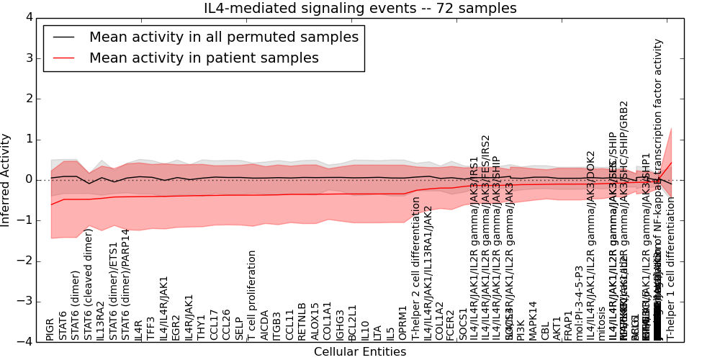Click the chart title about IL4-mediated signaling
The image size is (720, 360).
click(361, 9)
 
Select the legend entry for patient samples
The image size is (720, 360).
click(204, 58)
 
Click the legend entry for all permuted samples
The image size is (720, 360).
click(223, 37)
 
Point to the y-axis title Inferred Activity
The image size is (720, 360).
click(6, 179)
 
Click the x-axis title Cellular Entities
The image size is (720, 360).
click(360, 352)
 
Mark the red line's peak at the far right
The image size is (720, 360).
click(671, 162)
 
